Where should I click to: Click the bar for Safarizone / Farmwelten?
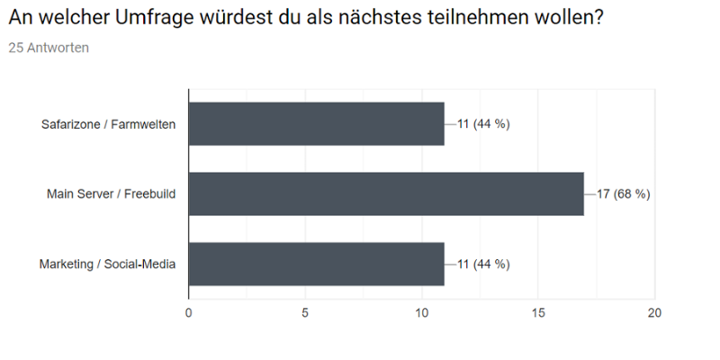click(x=316, y=124)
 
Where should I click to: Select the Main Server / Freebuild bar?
click(x=386, y=193)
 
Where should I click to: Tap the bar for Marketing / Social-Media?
click(x=316, y=264)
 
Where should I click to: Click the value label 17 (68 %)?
click(x=623, y=193)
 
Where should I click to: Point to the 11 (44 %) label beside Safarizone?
click(x=483, y=124)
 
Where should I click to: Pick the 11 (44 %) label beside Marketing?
click(x=483, y=264)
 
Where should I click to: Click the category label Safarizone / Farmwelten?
click(x=109, y=124)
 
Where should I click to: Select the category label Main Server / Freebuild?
click(x=112, y=193)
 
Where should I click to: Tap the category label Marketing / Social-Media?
click(x=107, y=264)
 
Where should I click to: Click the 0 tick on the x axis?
click(x=188, y=312)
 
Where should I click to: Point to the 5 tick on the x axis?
click(x=305, y=312)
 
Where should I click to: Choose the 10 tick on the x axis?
click(x=421, y=312)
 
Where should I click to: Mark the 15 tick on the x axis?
click(x=538, y=312)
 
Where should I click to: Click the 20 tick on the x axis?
click(x=654, y=312)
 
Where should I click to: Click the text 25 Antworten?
click(x=49, y=48)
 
